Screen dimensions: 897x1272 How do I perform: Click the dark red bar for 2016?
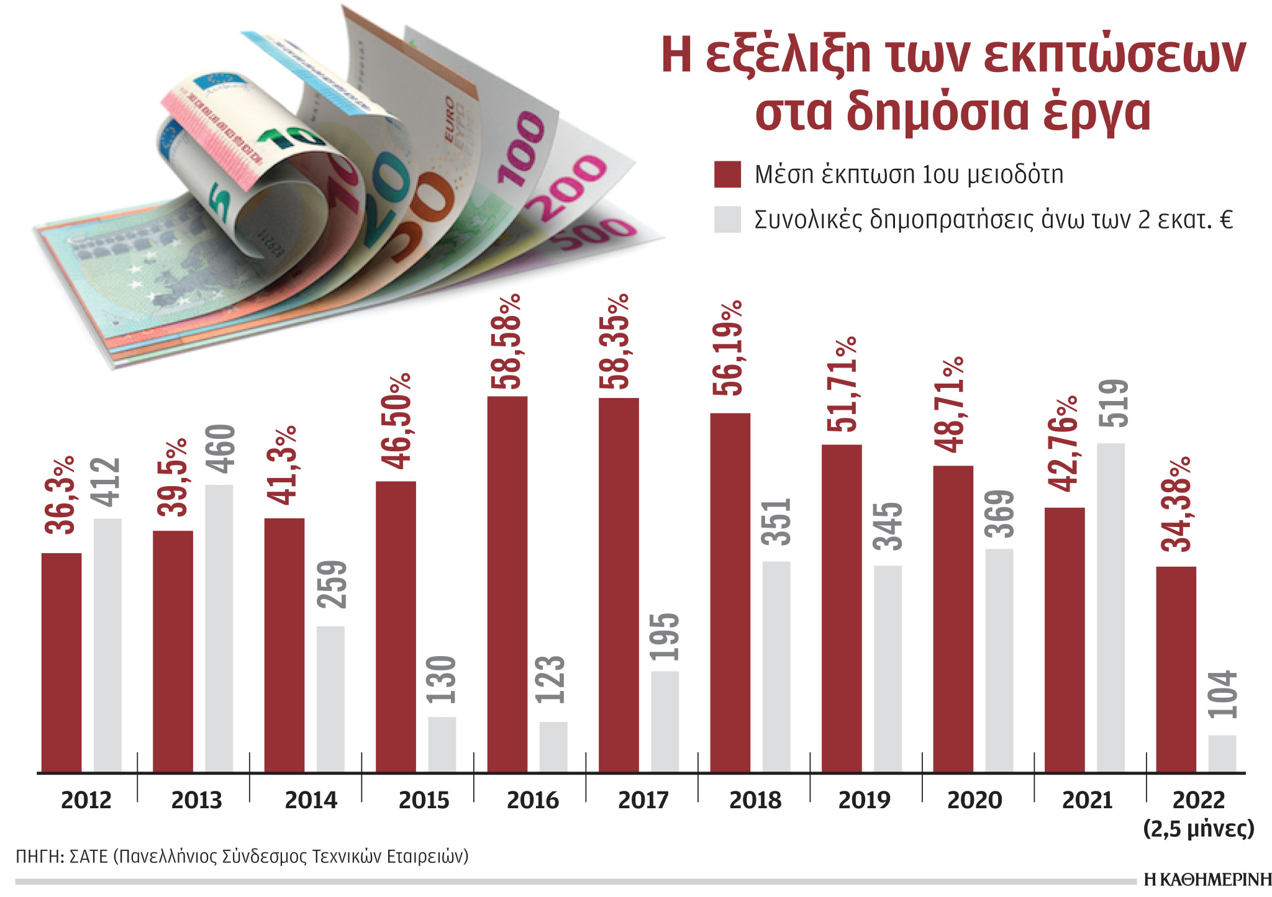(x=507, y=584)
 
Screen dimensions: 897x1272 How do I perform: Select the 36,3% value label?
(x=60, y=495)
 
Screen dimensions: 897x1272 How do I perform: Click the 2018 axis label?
(x=755, y=800)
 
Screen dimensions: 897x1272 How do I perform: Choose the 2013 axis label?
(x=196, y=800)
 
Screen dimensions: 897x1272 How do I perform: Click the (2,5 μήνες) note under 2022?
(x=1199, y=829)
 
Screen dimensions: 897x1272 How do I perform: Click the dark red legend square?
(x=727, y=174)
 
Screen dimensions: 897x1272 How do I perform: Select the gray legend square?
(x=727, y=220)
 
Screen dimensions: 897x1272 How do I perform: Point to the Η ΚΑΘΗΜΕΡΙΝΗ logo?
(x=1207, y=880)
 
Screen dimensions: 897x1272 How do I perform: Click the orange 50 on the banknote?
(x=419, y=214)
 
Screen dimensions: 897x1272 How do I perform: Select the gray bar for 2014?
(x=330, y=698)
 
